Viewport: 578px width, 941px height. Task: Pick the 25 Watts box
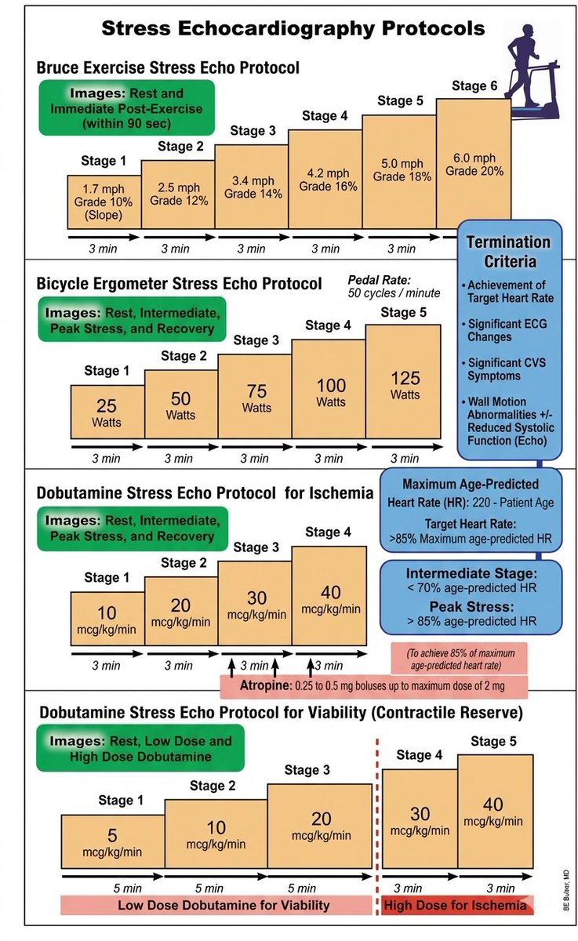107,412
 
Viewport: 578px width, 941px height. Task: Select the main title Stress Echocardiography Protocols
293,30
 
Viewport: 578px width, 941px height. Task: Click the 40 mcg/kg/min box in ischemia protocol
329,594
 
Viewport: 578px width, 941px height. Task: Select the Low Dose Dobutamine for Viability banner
216,905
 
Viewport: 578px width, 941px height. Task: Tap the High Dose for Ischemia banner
456,905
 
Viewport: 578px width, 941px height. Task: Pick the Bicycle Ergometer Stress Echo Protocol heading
180,283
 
